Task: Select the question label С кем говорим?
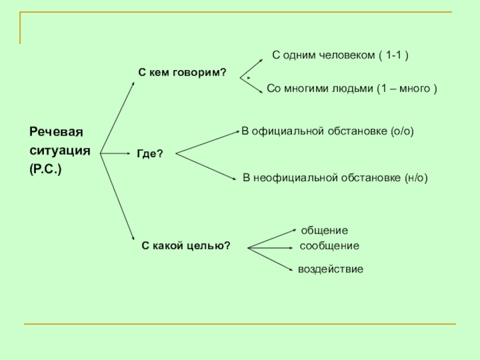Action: click(182, 72)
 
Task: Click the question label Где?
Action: click(150, 154)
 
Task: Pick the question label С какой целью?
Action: click(186, 246)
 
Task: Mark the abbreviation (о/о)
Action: click(402, 130)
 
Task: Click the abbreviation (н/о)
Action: click(416, 178)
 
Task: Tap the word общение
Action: click(324, 230)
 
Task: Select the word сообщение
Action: click(329, 246)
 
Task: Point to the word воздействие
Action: click(331, 269)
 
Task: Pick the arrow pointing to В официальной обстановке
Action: click(207, 142)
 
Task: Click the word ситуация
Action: click(60, 151)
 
